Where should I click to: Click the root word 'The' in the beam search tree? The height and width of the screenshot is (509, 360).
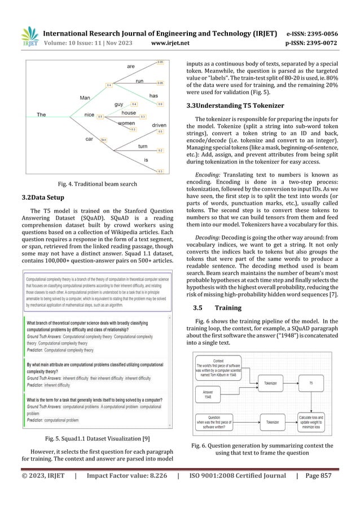(41, 115)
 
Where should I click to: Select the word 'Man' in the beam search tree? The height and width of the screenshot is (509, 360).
(85, 98)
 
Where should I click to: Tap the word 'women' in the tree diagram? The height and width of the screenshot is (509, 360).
(126, 124)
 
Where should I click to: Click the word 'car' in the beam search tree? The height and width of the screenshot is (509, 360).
(89, 138)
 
